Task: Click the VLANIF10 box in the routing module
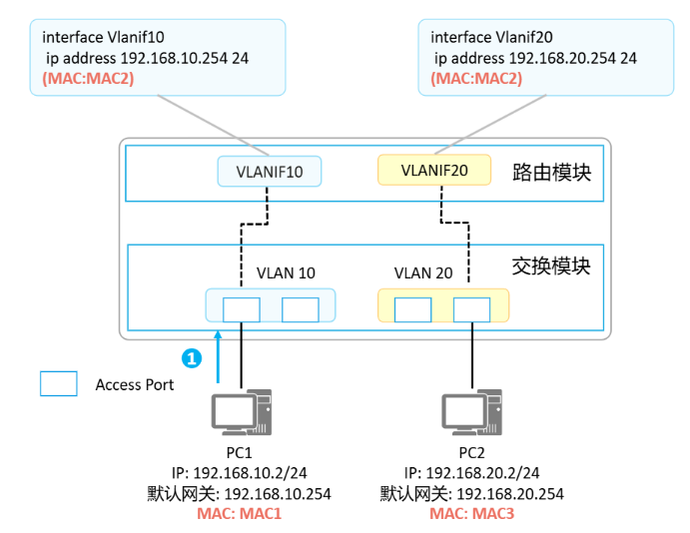click(x=269, y=172)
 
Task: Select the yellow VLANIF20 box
click(x=434, y=170)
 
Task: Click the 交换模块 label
click(x=551, y=266)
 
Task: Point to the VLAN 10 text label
click(x=286, y=272)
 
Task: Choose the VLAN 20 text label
click(x=423, y=272)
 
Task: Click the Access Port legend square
click(x=58, y=384)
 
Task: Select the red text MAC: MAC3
click(x=470, y=512)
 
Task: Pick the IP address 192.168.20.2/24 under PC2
click(x=470, y=472)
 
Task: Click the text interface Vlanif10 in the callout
click(x=103, y=36)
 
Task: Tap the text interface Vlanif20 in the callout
click(x=491, y=36)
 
